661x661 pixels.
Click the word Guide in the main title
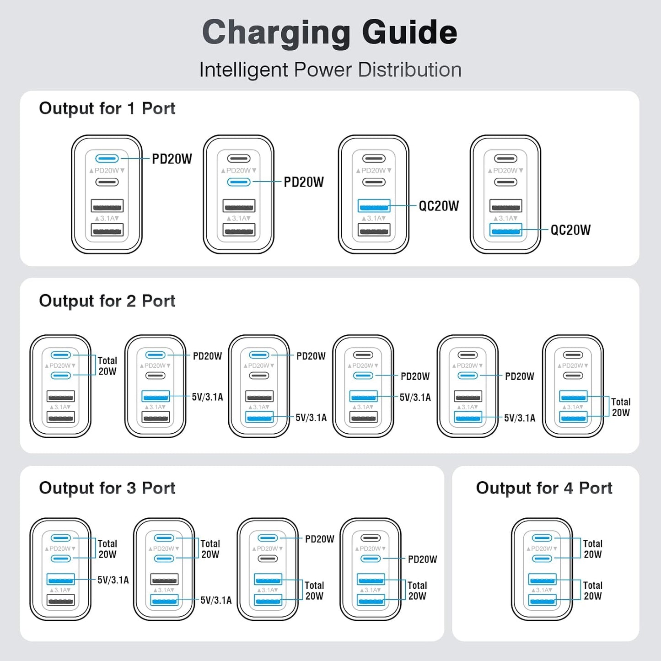[x=409, y=33]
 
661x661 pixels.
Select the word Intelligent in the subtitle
[x=244, y=70]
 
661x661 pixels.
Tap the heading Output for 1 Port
[x=107, y=108]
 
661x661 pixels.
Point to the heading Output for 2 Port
[x=107, y=301]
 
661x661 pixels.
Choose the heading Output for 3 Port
[x=107, y=488]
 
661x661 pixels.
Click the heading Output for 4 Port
[x=544, y=488]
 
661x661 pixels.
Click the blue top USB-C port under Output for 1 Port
[x=107, y=159]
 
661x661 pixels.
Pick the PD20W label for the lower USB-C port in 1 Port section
[x=304, y=182]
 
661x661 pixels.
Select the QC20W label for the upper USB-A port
[x=439, y=206]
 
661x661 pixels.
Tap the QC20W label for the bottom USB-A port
[x=570, y=230]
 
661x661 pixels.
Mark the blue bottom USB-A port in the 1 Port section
[x=505, y=230]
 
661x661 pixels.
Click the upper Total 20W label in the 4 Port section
[x=592, y=549]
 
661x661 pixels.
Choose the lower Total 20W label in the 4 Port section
[x=592, y=591]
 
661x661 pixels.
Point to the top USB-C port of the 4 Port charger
[x=542, y=538]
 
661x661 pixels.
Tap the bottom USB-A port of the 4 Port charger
[x=542, y=600]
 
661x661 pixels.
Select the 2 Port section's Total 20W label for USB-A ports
[x=621, y=407]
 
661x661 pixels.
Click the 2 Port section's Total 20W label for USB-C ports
[x=107, y=366]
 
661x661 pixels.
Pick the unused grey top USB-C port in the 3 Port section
[x=371, y=538]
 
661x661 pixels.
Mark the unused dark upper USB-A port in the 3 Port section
[x=164, y=579]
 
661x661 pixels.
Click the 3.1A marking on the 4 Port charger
[x=543, y=590]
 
